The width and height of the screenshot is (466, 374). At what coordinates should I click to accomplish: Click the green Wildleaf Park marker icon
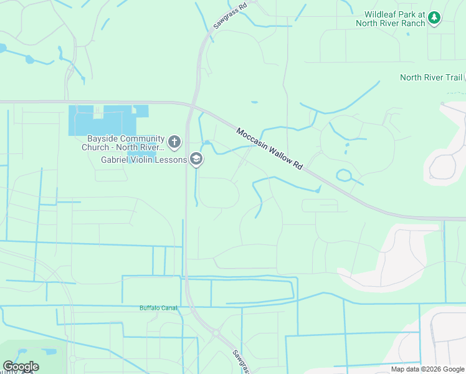click(x=435, y=18)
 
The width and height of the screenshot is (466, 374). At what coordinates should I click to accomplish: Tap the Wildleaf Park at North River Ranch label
click(x=395, y=19)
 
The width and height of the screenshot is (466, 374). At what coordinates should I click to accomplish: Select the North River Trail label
click(x=430, y=77)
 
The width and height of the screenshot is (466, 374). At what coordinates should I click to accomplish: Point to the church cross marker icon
click(x=174, y=142)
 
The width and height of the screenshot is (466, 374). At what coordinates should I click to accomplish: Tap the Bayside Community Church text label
click(x=123, y=143)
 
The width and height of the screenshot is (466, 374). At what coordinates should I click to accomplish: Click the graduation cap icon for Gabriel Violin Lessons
click(x=197, y=160)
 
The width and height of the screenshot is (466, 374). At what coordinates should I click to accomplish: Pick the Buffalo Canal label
click(x=158, y=308)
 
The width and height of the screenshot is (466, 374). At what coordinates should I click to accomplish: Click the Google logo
click(x=21, y=367)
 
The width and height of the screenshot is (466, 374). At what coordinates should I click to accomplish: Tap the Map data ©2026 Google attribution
click(x=427, y=369)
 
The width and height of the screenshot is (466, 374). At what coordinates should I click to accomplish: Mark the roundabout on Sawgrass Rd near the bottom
click(x=216, y=333)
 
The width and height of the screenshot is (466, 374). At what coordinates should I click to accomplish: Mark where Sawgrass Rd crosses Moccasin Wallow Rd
click(x=194, y=103)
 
